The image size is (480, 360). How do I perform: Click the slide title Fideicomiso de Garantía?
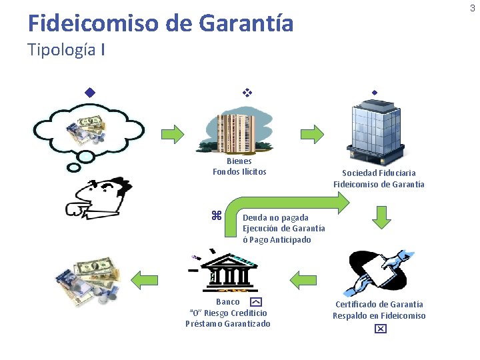click(x=160, y=24)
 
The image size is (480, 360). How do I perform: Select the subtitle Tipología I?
click(x=66, y=50)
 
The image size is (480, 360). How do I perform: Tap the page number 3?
click(x=473, y=8)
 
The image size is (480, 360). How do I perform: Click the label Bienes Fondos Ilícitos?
click(x=239, y=167)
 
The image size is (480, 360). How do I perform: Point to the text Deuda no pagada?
click(x=275, y=217)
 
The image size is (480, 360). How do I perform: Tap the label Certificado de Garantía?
click(x=379, y=304)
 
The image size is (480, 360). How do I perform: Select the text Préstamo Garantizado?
click(x=228, y=324)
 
